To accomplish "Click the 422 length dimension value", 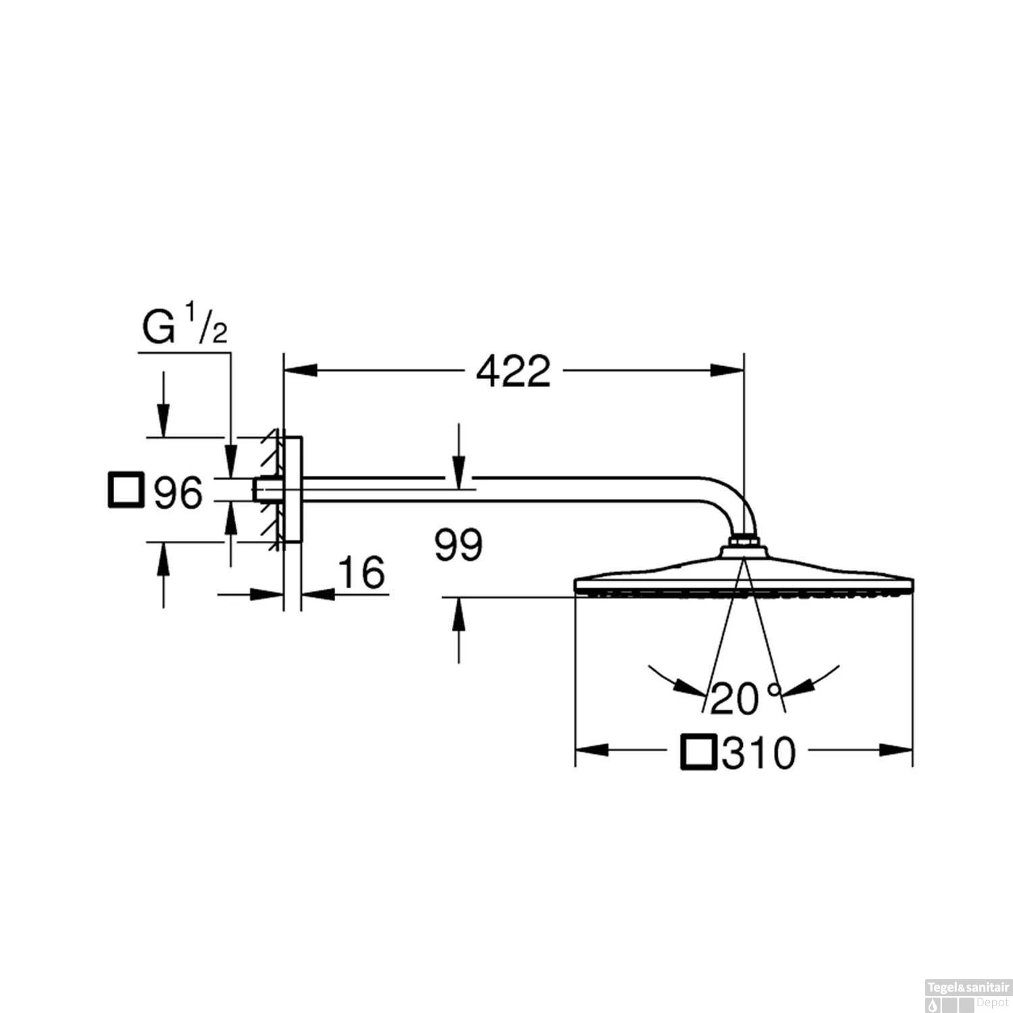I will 513,371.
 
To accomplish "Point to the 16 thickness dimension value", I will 361,573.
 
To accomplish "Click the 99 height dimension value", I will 459,545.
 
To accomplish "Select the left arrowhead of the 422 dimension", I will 301,370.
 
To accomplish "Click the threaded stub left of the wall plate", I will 259,490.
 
